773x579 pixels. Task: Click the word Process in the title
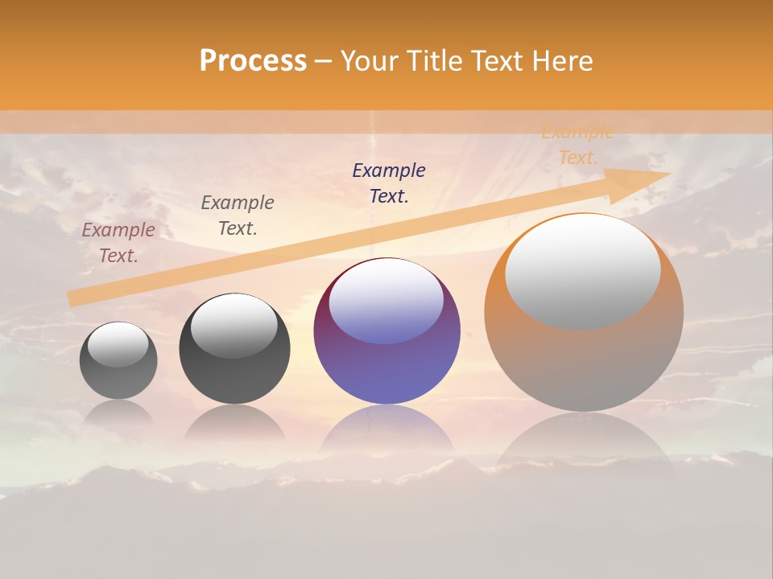253,61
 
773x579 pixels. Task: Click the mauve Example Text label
118,242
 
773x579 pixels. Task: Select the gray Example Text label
238,215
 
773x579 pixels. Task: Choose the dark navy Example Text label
389,183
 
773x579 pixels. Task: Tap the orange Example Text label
577,145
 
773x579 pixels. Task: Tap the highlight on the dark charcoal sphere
234,326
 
